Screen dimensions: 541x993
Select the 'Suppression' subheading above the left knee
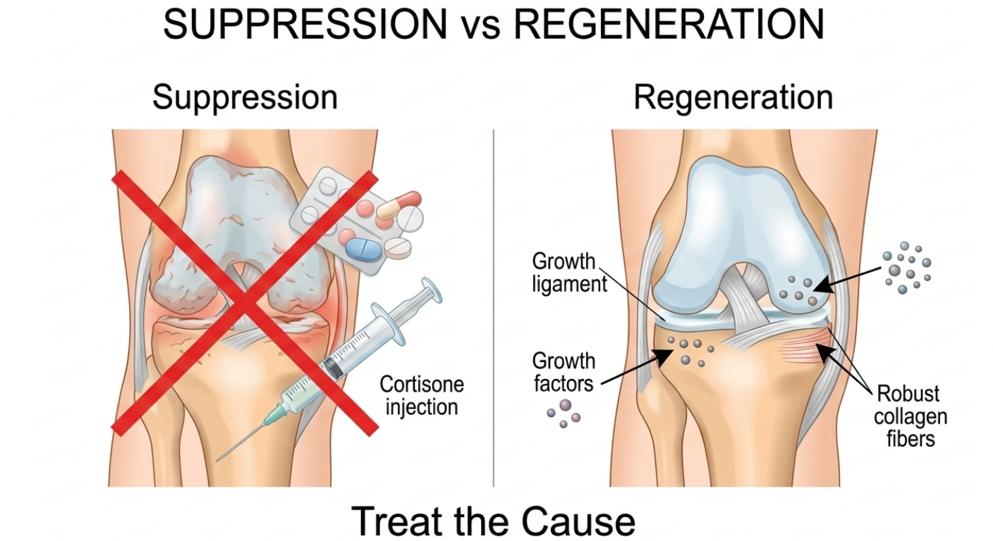pos(245,97)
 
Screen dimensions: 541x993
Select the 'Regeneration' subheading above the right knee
pos(733,97)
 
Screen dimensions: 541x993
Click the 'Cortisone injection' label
pos(422,395)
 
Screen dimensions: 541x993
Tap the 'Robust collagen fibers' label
pos(910,416)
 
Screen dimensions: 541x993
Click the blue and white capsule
pos(365,247)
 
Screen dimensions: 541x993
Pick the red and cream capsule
pos(398,204)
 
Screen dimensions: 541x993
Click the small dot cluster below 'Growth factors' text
pos(564,411)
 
